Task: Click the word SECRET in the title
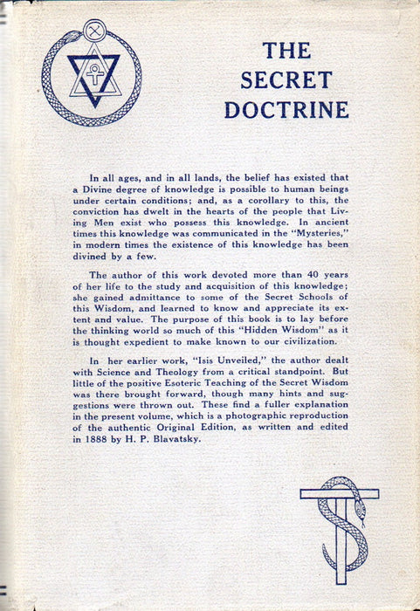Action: tap(286, 79)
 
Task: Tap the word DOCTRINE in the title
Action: tap(286, 109)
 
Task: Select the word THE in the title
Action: tap(286, 50)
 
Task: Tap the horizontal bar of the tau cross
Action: tap(339, 494)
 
